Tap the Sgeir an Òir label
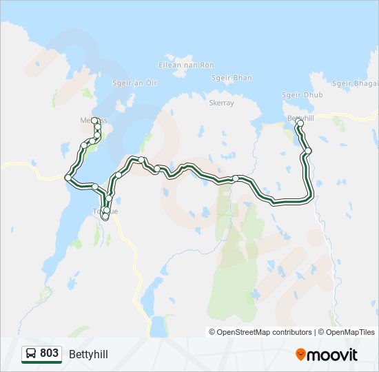point(135,83)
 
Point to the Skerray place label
point(221,103)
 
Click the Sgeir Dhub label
point(302,95)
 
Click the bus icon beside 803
point(31,354)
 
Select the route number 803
point(49,353)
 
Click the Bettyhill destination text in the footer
point(88,354)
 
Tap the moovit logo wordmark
point(332,355)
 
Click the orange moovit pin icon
point(300,355)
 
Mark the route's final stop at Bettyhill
point(300,123)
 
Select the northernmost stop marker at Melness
point(94,120)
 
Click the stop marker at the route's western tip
point(68,178)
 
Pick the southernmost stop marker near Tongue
point(105,216)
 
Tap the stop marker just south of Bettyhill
point(308,151)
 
